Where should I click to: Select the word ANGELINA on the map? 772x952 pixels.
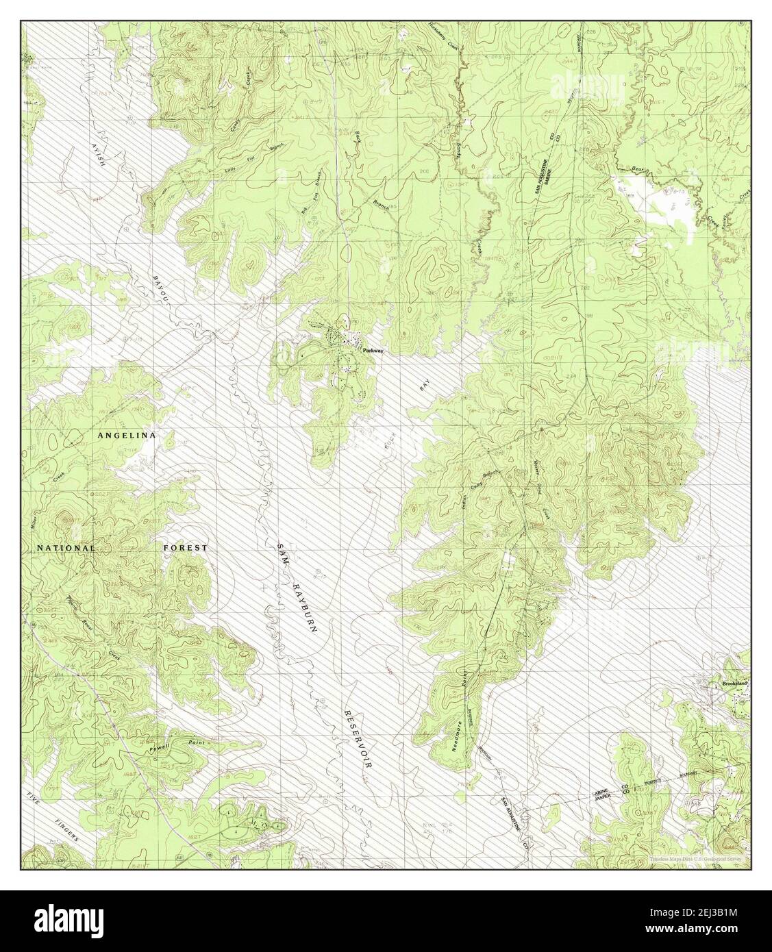point(127,436)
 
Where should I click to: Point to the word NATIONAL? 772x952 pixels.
point(66,548)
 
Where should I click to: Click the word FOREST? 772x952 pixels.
point(185,548)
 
